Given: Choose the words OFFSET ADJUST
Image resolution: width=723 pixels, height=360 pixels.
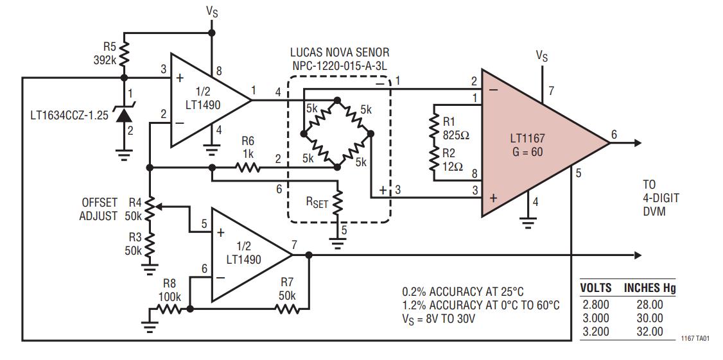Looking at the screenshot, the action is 99,209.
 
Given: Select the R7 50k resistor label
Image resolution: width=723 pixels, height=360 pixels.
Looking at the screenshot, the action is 286,289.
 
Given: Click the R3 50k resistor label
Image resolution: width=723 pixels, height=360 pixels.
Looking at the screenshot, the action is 134,244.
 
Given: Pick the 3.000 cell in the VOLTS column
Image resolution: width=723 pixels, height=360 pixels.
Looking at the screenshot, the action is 595,318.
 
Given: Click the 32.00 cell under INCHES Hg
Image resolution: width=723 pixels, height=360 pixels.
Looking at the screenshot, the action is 650,331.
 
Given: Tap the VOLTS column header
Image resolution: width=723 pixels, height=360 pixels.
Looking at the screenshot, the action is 596,289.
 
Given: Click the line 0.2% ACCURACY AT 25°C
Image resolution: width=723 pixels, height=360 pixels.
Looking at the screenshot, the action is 463,292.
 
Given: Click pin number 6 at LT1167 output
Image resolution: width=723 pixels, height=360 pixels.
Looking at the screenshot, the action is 614,135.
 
